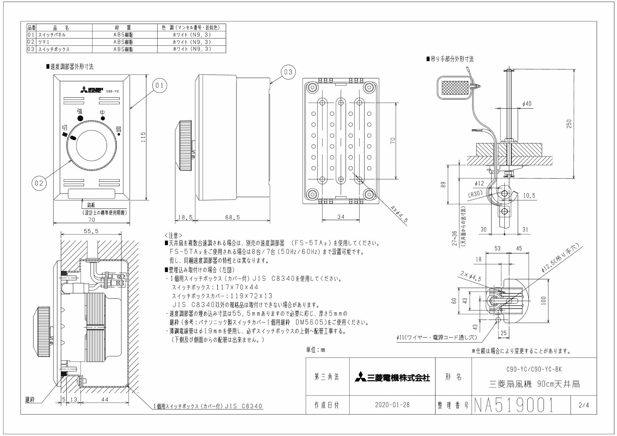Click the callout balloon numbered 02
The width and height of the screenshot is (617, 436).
pyautogui.click(x=39, y=183)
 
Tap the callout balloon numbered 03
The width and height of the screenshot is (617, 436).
pyautogui.click(x=288, y=72)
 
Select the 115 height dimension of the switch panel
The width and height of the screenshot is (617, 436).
pyautogui.click(x=143, y=137)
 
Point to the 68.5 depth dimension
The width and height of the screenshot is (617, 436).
pyautogui.click(x=233, y=217)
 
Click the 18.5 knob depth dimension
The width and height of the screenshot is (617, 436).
pyautogui.click(x=185, y=217)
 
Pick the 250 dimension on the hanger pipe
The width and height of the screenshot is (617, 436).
pyautogui.click(x=569, y=124)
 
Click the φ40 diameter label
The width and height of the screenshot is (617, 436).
pyautogui.click(x=527, y=104)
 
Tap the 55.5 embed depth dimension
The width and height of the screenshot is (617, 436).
pyautogui.click(x=91, y=231)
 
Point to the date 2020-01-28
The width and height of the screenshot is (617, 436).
pyautogui.click(x=392, y=405)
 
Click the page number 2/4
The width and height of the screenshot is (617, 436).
pyautogui.click(x=584, y=405)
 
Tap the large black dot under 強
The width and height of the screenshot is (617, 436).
pyautogui.click(x=80, y=118)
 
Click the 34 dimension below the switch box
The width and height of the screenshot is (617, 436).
pyautogui.click(x=341, y=217)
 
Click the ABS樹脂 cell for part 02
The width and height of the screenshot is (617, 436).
pyautogui.click(x=123, y=42)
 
